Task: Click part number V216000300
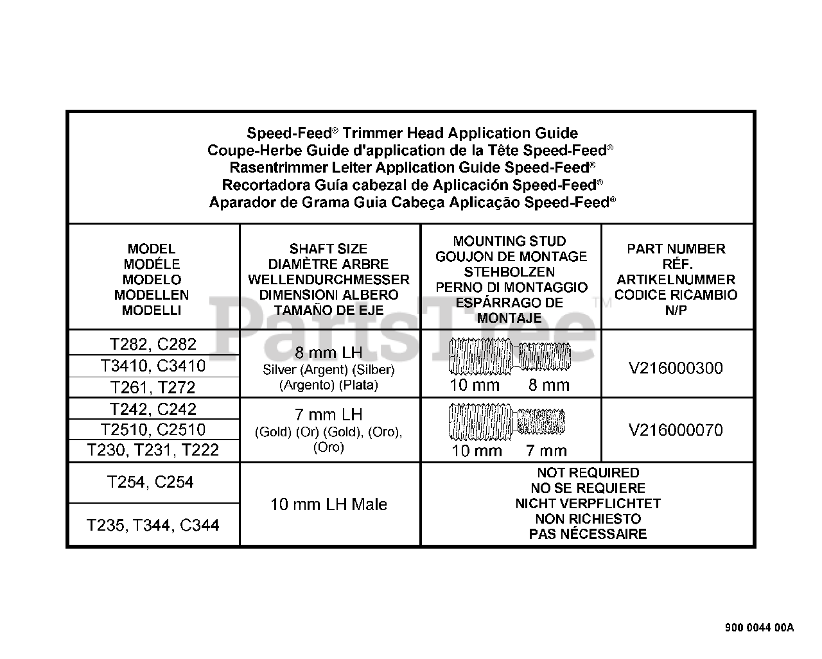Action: [x=677, y=368]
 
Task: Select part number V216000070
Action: [x=677, y=430]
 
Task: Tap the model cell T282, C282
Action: [x=153, y=345]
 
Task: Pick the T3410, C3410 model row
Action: [x=153, y=366]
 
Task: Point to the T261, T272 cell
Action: [x=153, y=388]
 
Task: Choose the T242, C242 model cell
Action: [x=153, y=409]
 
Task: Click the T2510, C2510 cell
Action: [x=153, y=429]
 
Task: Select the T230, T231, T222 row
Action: [x=153, y=450]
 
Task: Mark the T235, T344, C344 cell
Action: [x=153, y=525]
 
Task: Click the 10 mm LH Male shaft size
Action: [x=329, y=504]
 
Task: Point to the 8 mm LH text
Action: [x=329, y=353]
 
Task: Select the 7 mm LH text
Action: [x=329, y=414]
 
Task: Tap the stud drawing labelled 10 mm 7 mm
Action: [x=508, y=421]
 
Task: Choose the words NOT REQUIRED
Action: [x=588, y=473]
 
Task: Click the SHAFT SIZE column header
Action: [x=329, y=249]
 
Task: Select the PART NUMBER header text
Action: [x=676, y=249]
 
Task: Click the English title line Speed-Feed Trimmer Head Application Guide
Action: [x=412, y=133]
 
